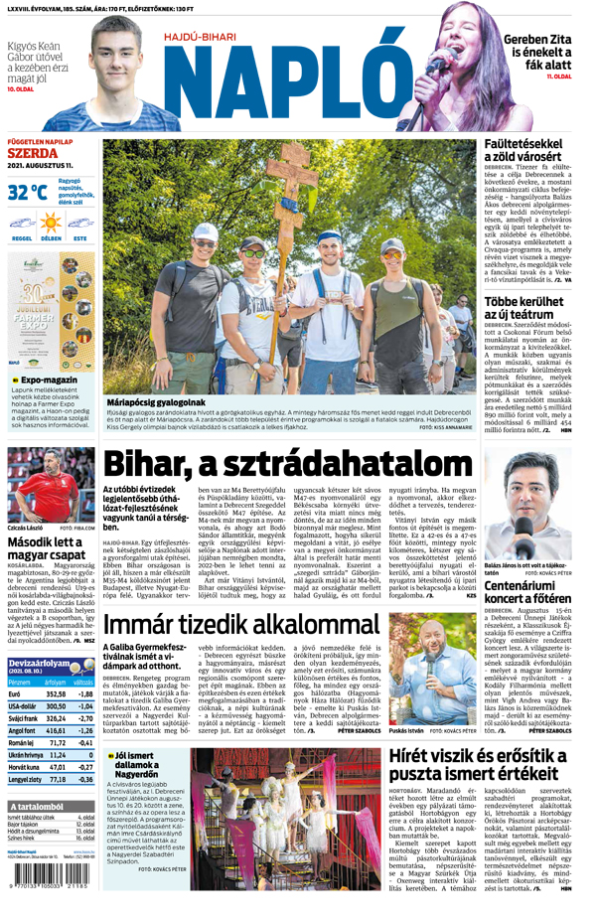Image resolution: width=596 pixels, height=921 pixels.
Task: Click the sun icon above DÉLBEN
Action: pyautogui.click(x=51, y=227)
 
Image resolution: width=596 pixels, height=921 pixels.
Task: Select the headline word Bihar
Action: pyautogui.click(x=152, y=463)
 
